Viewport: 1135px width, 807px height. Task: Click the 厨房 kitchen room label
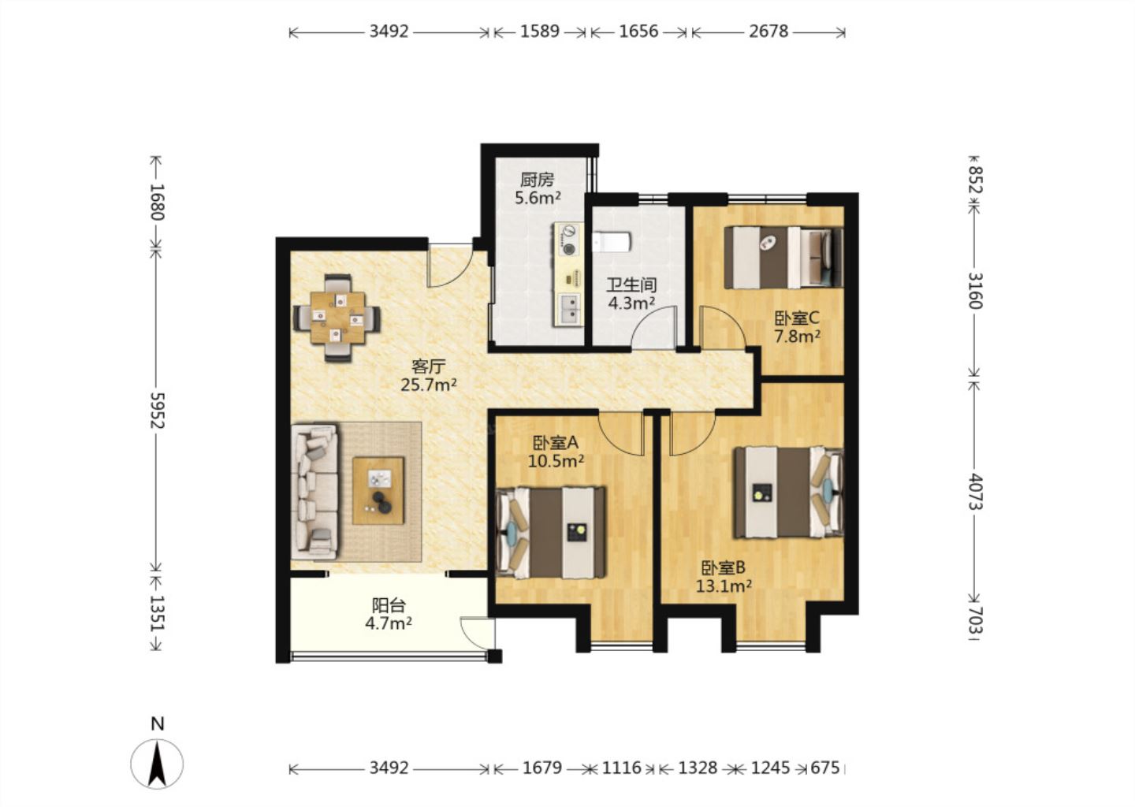pos(537,180)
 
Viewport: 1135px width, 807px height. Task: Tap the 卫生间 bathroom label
pos(631,285)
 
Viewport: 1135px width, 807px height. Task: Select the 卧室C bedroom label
pos(797,318)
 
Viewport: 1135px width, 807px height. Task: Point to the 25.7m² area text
pos(429,385)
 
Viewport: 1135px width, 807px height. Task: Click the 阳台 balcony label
pos(389,605)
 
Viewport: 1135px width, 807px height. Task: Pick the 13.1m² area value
pos(723,586)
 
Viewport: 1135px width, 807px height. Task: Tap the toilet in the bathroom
pos(612,242)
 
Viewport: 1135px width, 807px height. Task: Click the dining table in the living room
pos(337,318)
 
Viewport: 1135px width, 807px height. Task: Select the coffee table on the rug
pos(378,490)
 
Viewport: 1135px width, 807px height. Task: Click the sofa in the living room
pos(314,492)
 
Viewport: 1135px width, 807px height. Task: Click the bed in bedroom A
pos(551,533)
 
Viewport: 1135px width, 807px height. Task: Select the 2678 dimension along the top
pos(768,32)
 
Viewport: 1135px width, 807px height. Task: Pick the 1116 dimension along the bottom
pos(622,768)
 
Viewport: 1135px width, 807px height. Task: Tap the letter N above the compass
pos(158,724)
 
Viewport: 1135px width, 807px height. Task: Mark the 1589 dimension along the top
pos(540,32)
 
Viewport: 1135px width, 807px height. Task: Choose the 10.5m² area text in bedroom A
pos(556,461)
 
